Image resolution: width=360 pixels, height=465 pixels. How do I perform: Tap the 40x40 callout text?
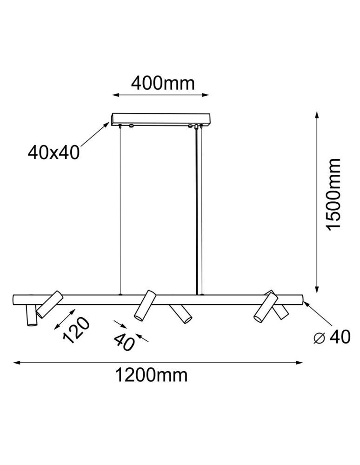click(x=54, y=152)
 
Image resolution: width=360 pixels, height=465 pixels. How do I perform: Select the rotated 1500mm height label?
click(x=333, y=194)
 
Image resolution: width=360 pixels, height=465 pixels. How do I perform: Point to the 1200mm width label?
click(x=152, y=374)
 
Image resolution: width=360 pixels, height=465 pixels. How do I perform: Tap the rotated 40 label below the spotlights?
click(x=124, y=342)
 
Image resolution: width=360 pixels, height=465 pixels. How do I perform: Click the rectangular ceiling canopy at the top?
click(x=160, y=120)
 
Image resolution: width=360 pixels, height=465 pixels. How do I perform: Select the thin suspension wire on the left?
click(x=120, y=209)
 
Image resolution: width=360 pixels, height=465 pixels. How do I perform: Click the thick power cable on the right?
click(x=198, y=209)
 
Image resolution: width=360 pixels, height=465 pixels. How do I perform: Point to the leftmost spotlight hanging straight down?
click(x=31, y=316)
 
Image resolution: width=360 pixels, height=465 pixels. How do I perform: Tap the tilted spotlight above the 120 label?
click(x=49, y=305)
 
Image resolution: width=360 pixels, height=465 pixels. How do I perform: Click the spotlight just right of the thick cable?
click(x=180, y=313)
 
